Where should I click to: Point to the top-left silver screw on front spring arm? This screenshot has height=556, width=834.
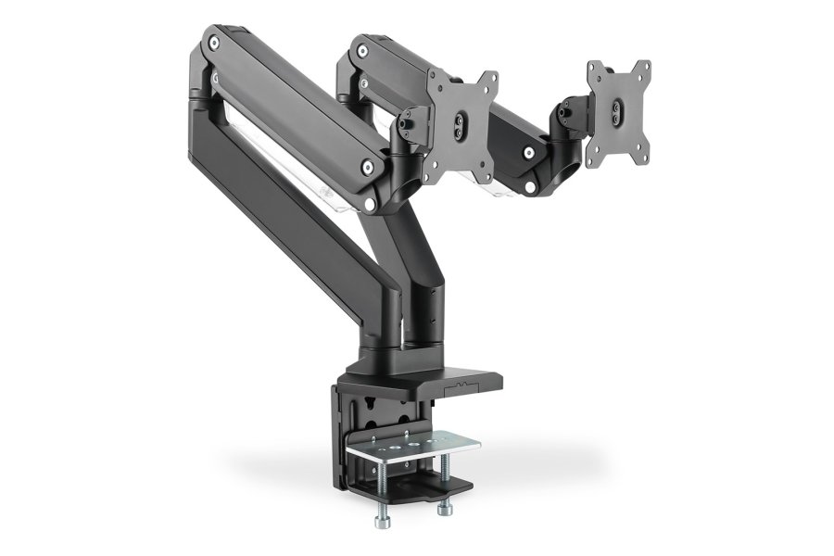tap(215, 42)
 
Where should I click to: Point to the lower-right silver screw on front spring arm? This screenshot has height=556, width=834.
tap(370, 167)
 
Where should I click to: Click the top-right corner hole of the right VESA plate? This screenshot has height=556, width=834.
tap(643, 69)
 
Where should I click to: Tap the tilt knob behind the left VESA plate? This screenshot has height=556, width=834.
tap(410, 119)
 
